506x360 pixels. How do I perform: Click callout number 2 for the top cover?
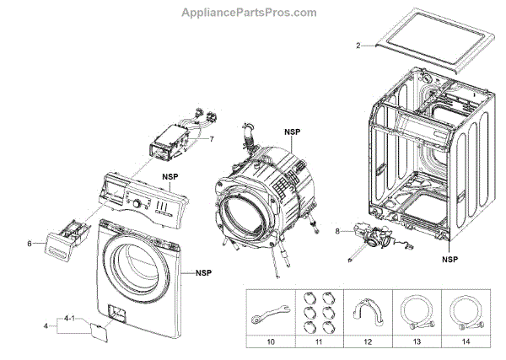tap(358, 45)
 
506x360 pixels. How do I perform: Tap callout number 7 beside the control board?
tap(212, 138)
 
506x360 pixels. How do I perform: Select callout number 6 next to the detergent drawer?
tap(30, 244)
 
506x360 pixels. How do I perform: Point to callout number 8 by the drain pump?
tap(337, 230)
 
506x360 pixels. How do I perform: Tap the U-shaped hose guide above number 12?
tap(364, 309)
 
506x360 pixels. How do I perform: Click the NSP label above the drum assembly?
tap(292, 132)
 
